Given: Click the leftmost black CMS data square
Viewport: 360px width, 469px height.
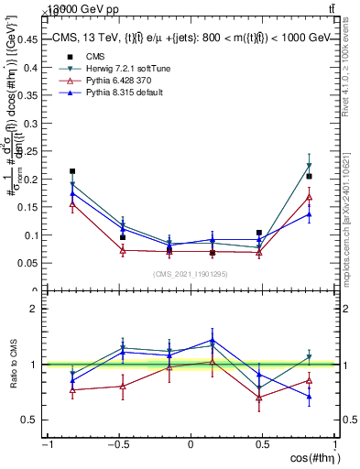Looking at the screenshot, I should point(72,171).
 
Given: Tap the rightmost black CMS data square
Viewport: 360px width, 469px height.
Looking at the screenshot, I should point(309,176).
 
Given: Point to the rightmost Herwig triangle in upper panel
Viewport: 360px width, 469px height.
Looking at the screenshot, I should point(309,166).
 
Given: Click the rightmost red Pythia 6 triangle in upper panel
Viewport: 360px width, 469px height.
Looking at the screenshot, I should point(309,196).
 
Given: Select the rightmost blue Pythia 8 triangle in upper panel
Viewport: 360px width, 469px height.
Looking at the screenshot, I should point(309,214).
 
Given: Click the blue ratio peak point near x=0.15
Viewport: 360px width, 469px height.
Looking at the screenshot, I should point(213,340).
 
